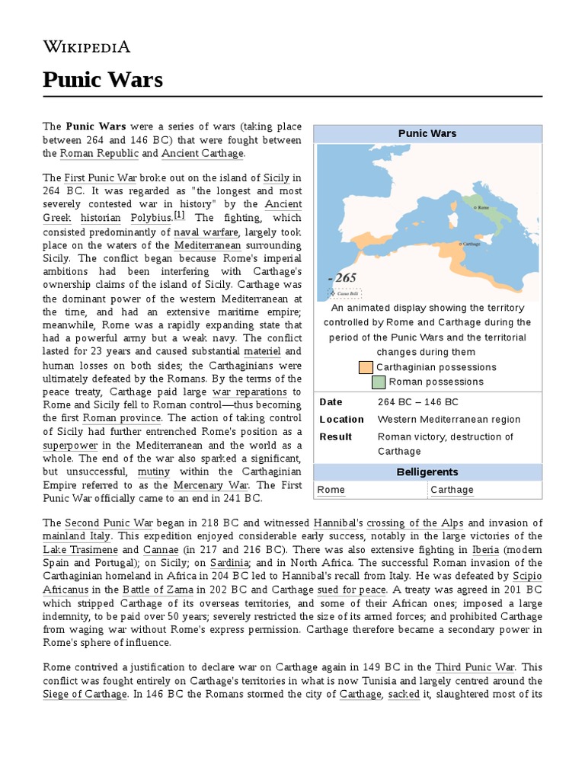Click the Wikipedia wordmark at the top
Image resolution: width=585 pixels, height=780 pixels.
pos(86,46)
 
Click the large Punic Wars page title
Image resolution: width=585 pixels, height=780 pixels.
pos(103,79)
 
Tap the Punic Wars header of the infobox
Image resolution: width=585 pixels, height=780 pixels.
pos(427,133)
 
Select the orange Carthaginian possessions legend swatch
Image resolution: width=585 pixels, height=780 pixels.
pos(365,368)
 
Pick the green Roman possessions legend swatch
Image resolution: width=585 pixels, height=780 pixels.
pos(379,382)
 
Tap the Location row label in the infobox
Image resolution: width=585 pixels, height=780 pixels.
pos(341,420)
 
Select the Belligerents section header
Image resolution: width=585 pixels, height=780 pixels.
pos(427,472)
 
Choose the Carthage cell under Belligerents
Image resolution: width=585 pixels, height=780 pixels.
pos(452,490)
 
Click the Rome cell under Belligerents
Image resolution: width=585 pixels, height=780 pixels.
pos(331,490)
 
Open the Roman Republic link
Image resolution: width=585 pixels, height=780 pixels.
pos(99,154)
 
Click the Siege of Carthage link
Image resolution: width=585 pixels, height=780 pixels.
pos(85,694)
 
